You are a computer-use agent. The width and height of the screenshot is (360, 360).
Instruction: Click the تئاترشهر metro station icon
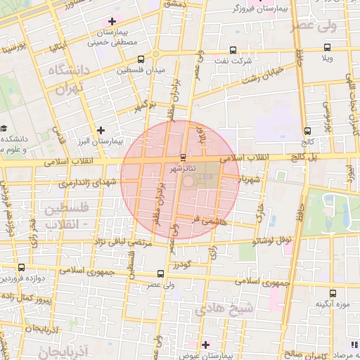(x=184, y=157)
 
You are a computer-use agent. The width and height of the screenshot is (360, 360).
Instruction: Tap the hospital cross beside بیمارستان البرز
(x=101, y=129)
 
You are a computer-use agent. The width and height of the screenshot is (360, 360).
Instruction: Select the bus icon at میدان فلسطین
(x=141, y=59)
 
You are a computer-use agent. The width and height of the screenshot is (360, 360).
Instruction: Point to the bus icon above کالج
(x=308, y=131)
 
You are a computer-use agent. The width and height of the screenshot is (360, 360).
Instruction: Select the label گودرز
(x=181, y=264)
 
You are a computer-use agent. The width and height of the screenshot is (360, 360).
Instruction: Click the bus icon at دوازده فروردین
(x=21, y=267)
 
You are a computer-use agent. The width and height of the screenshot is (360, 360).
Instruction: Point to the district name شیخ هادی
(x=218, y=307)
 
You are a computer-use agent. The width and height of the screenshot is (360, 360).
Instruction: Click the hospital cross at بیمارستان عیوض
(x=205, y=345)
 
